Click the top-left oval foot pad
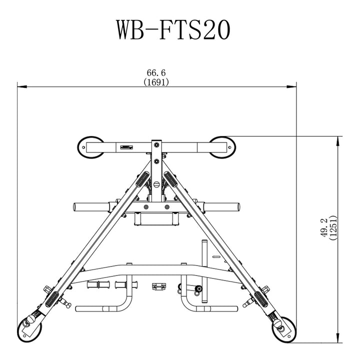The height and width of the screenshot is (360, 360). [x=90, y=147]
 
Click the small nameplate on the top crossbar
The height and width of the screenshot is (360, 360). [x=127, y=147]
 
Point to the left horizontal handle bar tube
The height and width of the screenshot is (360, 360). [x=92, y=206]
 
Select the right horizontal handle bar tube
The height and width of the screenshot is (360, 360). [x=220, y=206]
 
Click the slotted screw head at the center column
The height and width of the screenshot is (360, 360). [x=156, y=185]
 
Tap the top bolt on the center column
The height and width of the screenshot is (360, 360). [x=156, y=145]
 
